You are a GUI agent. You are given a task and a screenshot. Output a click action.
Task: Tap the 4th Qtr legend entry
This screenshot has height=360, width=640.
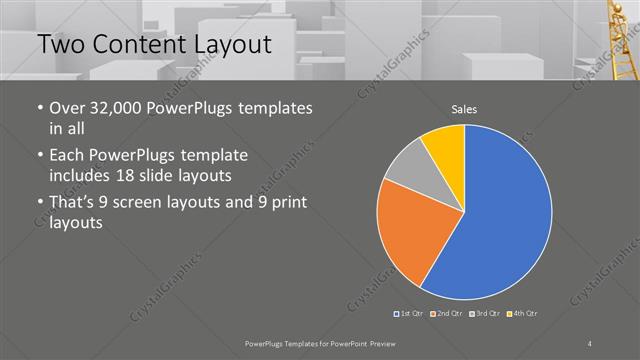522,315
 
